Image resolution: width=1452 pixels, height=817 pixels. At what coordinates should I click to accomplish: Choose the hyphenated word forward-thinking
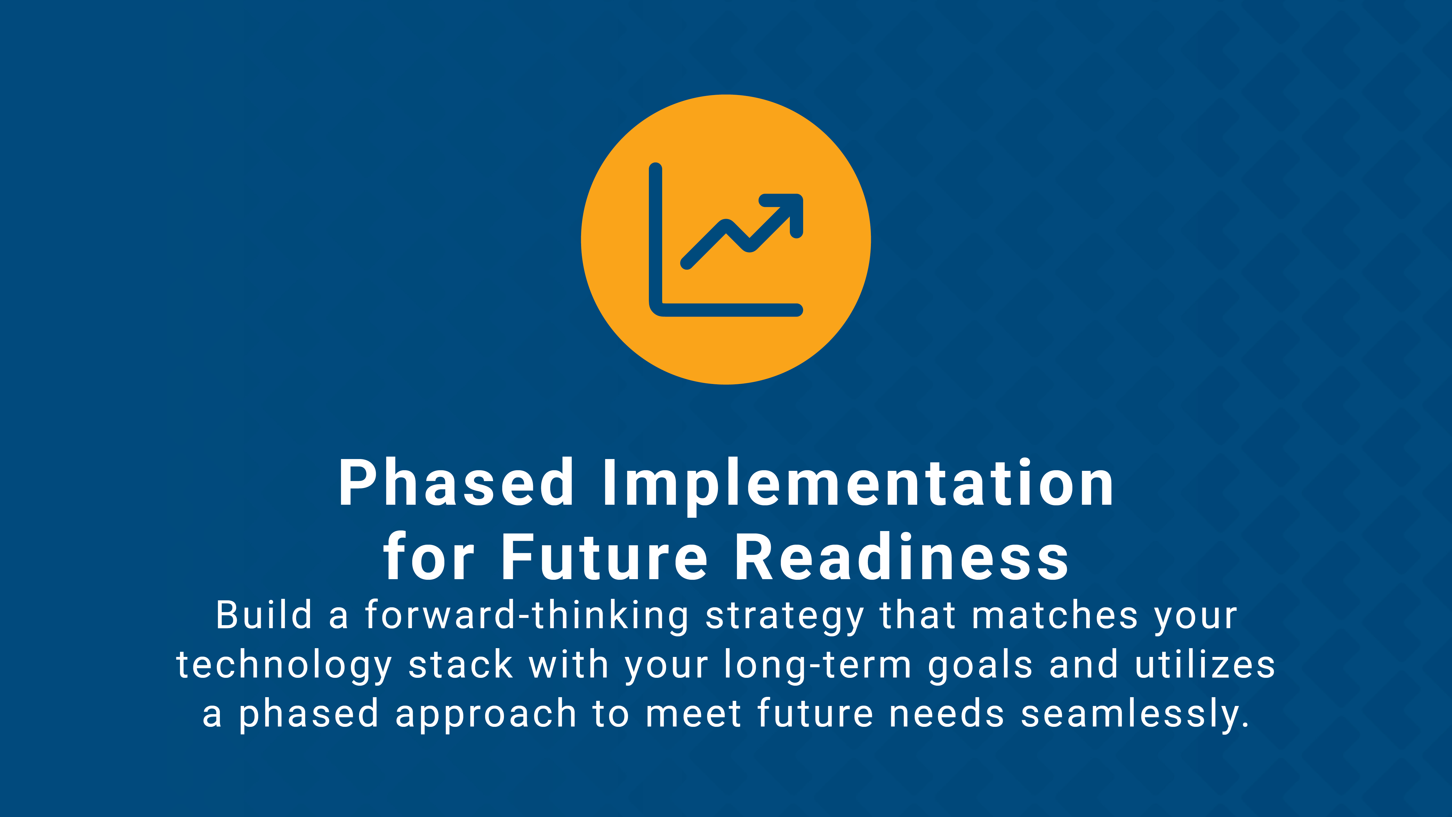coord(526,616)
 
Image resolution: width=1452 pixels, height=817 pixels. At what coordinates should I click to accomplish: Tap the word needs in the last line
coord(947,713)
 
